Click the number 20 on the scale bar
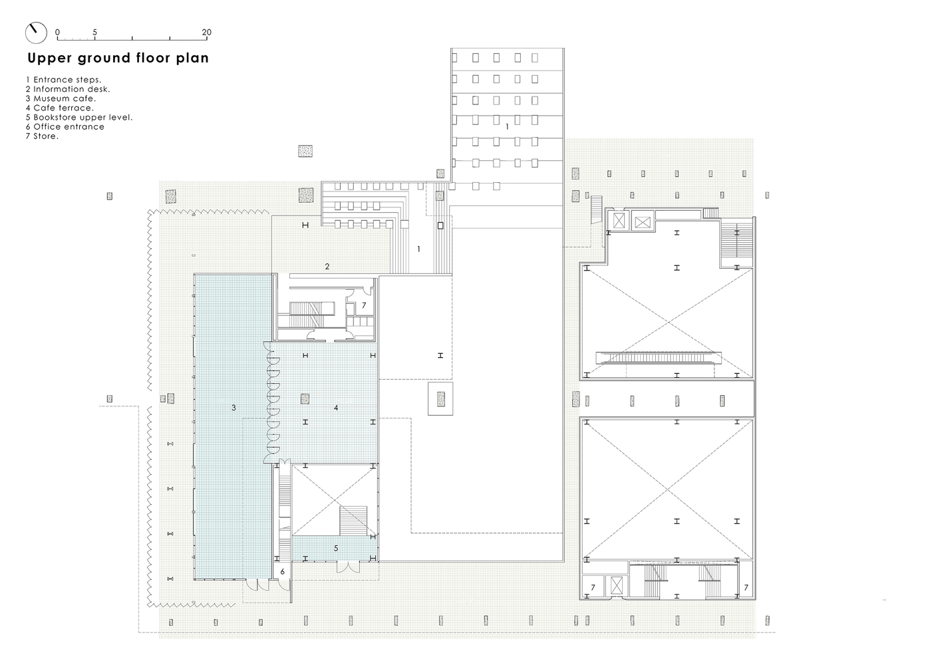206,32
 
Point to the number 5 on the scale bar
94,32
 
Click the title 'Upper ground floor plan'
118,58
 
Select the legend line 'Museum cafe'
61,98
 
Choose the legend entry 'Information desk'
68,89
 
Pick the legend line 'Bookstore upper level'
79,117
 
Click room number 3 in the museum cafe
234,408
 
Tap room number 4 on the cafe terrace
336,408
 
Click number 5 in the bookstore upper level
336,548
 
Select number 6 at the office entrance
283,572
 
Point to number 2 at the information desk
327,266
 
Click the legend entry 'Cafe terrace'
60,108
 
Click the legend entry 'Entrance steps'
63,80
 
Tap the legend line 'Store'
42,136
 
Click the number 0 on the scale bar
57,32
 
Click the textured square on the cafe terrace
305,398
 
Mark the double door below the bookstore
348,567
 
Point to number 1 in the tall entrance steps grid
507,126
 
